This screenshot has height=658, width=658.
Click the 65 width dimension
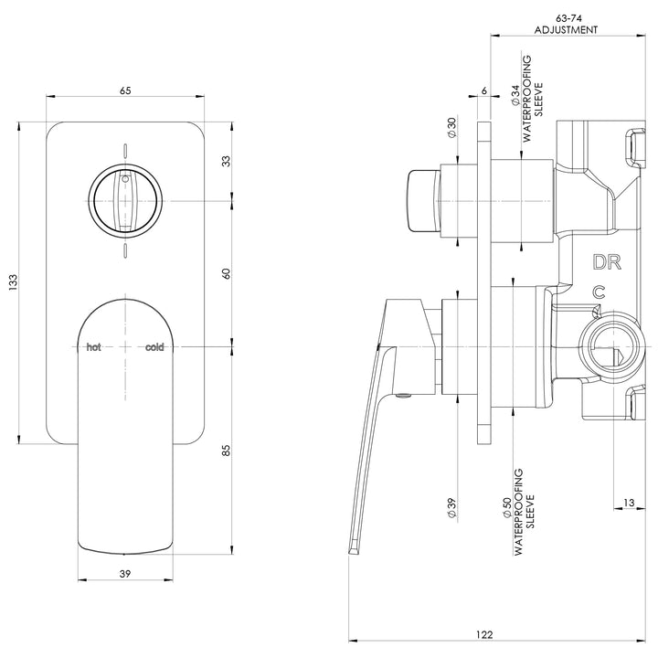[125, 90]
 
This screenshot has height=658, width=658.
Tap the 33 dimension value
[226, 161]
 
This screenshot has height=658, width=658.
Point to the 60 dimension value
[226, 272]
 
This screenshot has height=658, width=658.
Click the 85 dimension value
[226, 450]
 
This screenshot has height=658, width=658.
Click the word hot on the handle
[93, 347]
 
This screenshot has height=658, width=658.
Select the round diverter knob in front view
[125, 200]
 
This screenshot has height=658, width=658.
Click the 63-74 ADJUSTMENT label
[566, 23]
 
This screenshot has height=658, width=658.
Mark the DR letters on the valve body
[608, 263]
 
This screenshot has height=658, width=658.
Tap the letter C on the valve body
[599, 292]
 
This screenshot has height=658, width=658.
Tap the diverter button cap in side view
[422, 200]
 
